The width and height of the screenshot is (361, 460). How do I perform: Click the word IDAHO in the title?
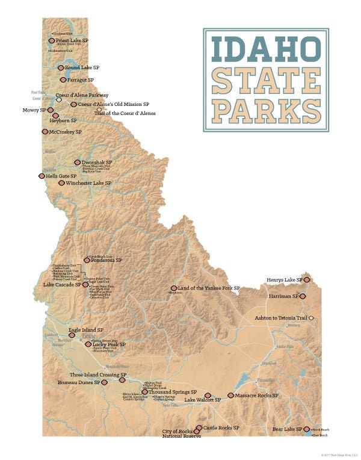pyautogui.click(x=265, y=50)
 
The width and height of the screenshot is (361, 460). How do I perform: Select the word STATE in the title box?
pyautogui.click(x=265, y=79)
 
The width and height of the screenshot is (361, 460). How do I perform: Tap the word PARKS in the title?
pyautogui.click(x=265, y=110)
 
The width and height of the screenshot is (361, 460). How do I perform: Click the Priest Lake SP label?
pyautogui.click(x=73, y=40)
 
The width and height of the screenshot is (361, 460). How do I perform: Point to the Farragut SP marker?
pyautogui.click(x=63, y=79)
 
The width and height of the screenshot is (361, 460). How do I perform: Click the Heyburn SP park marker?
pyautogui.click(x=55, y=116)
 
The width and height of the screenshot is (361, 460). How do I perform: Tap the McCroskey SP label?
pyautogui.click(x=65, y=131)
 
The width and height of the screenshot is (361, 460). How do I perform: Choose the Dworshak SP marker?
pyautogui.click(x=77, y=163)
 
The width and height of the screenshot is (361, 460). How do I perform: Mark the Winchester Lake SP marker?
pyautogui.click(x=61, y=182)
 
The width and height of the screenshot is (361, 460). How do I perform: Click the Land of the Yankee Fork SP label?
pyautogui.click(x=209, y=288)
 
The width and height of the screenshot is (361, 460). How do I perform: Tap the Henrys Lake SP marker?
pyautogui.click(x=307, y=280)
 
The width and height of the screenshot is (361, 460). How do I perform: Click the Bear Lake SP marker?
pyautogui.click(x=307, y=429)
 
